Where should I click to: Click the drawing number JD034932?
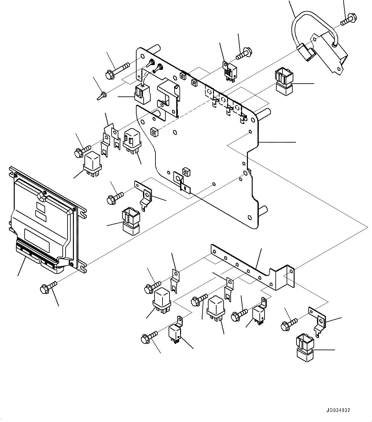tap(338, 410)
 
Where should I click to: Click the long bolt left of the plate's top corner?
tap(117, 70)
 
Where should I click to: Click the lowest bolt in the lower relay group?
tap(149, 337)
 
